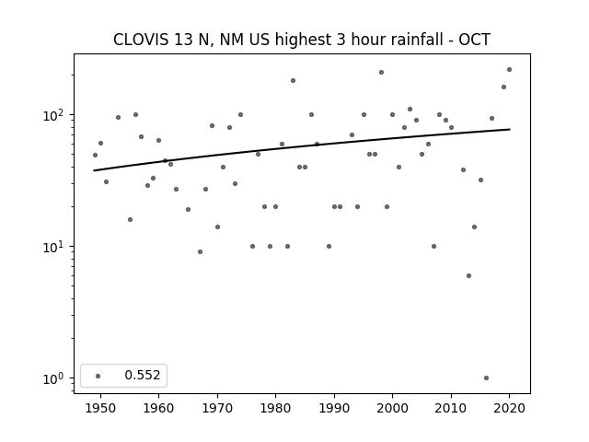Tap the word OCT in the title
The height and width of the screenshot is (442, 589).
click(475, 40)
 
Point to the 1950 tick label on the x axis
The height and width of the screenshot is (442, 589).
click(100, 408)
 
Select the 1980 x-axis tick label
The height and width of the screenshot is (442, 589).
click(275, 408)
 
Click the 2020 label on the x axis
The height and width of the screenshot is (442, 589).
click(509, 408)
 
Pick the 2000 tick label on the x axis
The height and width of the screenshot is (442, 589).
click(393, 408)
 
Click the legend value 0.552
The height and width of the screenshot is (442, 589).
click(143, 375)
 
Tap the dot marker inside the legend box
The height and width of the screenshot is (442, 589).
click(98, 376)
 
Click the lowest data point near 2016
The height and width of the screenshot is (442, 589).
click(486, 378)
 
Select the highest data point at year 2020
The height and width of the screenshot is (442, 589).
click(509, 70)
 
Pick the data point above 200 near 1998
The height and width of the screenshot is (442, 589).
click(381, 72)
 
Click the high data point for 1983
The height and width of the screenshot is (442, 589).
click(293, 80)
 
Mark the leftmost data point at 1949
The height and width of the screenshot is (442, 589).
click(95, 156)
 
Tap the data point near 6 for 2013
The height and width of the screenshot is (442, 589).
click(468, 276)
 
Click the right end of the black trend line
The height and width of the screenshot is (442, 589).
click(510, 129)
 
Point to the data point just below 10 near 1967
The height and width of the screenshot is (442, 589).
click(201, 251)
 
